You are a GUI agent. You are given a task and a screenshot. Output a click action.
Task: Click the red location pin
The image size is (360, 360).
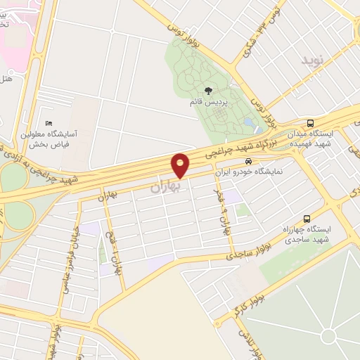click(x=181, y=165)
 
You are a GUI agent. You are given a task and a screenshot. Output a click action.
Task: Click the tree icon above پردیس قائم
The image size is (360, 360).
click(x=208, y=89)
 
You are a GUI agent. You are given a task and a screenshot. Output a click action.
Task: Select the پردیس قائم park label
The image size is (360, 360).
click(x=208, y=102)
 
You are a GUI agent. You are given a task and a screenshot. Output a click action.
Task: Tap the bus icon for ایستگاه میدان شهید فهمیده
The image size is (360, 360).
click(x=310, y=123)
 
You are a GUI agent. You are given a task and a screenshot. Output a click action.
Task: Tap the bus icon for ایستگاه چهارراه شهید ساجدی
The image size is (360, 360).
click(x=306, y=218)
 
